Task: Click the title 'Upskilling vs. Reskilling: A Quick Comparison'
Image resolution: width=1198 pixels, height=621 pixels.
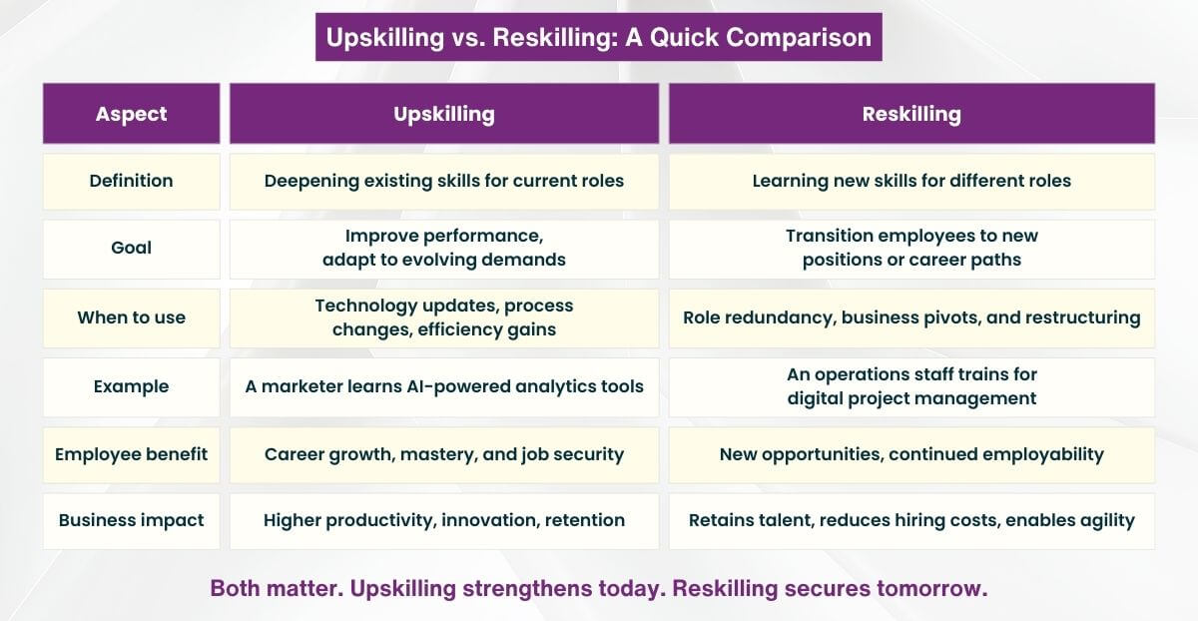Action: pos(598,38)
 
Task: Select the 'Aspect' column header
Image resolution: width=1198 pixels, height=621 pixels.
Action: pos(131,114)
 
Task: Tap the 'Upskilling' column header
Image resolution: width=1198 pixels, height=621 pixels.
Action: pos(444,114)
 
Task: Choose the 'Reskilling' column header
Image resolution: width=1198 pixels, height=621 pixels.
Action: pos(911,114)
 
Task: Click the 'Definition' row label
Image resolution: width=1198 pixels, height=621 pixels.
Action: pos(131,181)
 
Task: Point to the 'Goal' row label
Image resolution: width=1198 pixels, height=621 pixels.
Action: pos(131,248)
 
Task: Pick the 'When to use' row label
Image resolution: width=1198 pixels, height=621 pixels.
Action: pos(131,317)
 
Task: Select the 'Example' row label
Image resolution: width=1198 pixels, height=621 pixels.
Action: pos(131,386)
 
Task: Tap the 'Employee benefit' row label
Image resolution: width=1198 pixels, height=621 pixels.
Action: pos(131,454)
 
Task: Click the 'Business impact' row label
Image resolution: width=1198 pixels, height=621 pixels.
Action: pos(131,520)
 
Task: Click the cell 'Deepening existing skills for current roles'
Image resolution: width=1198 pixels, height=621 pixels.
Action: pos(444,181)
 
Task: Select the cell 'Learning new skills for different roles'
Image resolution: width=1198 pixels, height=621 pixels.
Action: pos(911,181)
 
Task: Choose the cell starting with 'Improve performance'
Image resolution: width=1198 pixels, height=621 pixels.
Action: pos(444,248)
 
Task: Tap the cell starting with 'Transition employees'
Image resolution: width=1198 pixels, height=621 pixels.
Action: pos(911,248)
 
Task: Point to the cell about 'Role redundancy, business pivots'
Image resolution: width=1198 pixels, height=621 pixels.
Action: pos(911,317)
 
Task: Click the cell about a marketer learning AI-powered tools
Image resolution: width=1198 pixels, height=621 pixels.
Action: pos(444,386)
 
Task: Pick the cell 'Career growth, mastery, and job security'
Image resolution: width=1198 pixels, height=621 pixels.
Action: pos(444,454)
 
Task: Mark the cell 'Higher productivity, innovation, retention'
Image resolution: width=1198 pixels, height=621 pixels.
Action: pos(444,520)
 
